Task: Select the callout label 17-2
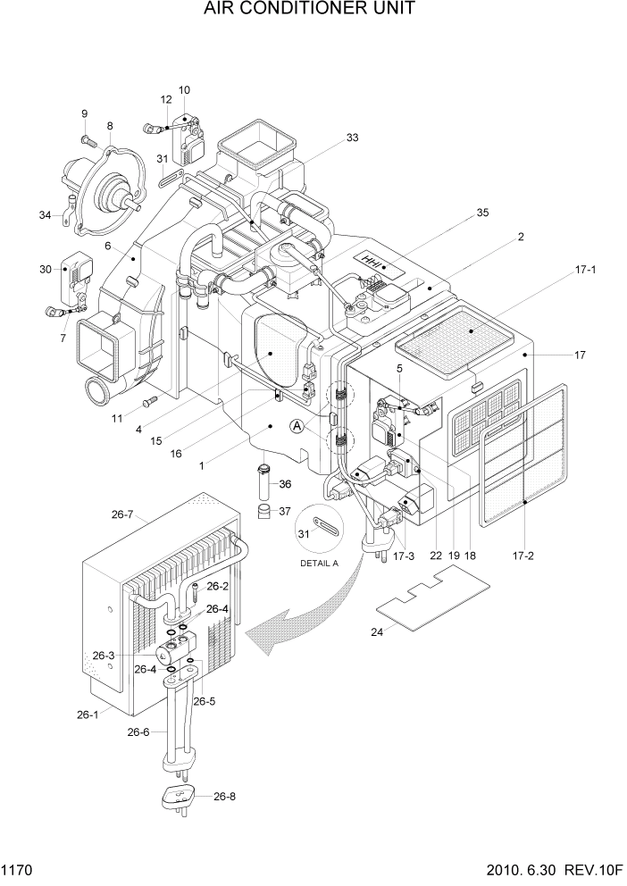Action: click(523, 556)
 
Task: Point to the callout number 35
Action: click(482, 213)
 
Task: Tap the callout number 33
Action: click(352, 138)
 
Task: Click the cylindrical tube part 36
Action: click(263, 483)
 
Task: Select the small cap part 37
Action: click(263, 512)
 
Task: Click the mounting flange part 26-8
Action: click(182, 796)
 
